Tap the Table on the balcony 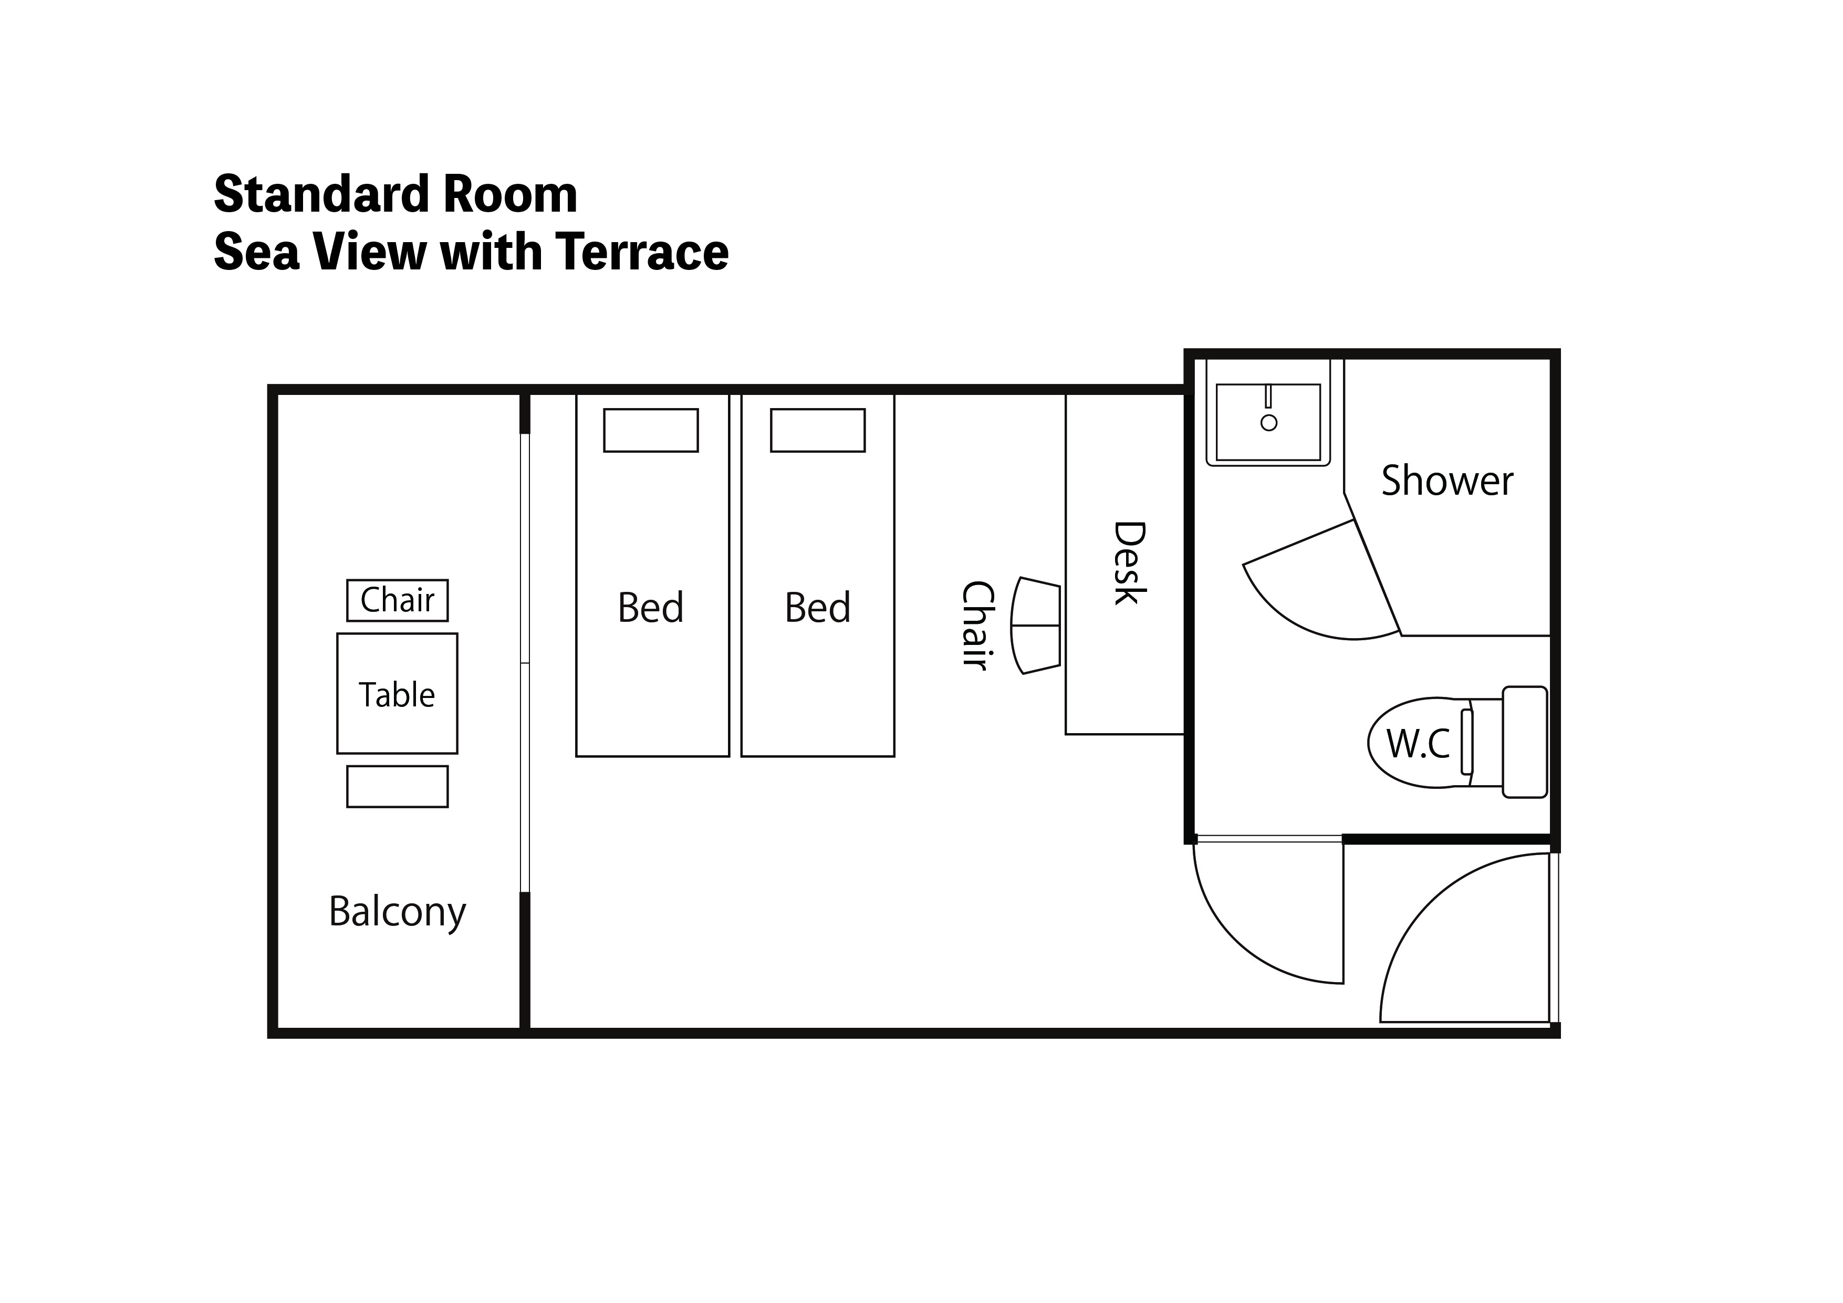point(398,694)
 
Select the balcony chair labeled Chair point(398,600)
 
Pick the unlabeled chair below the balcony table point(398,787)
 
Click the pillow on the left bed point(651,430)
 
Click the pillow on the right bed point(818,430)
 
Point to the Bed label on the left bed point(651,608)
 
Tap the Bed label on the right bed point(818,608)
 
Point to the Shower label point(1448,481)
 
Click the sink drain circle point(1269,422)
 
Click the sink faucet point(1268,397)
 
